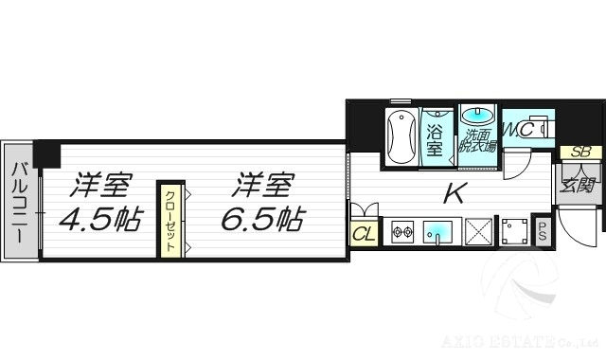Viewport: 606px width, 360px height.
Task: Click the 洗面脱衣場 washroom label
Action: coord(477,140)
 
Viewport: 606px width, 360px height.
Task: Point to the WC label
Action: coord(519,129)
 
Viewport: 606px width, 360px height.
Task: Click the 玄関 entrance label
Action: coord(578,185)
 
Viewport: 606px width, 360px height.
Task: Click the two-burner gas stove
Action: coord(402,231)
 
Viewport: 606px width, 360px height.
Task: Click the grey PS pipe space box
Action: coord(544,231)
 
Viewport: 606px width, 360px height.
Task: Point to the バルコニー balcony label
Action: coord(19,201)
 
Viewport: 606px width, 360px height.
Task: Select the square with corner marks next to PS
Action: coord(514,231)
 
